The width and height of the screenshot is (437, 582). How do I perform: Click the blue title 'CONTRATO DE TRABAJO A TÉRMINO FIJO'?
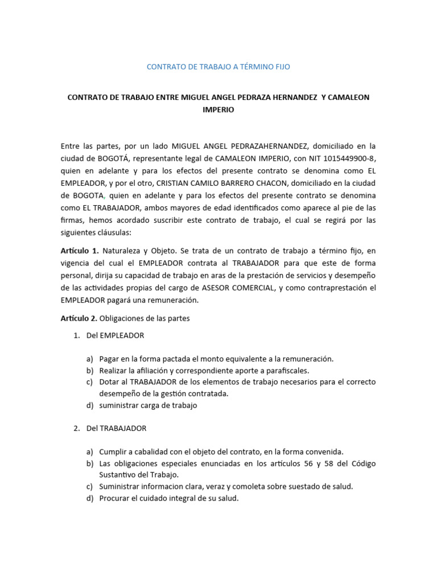tap(218, 66)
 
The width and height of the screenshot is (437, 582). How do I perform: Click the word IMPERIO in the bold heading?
tap(218, 110)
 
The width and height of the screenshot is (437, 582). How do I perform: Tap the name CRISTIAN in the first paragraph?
tap(174, 182)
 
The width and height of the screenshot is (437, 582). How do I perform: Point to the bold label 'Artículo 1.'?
tap(80, 251)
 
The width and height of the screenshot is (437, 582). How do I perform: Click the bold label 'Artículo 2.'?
tap(80, 318)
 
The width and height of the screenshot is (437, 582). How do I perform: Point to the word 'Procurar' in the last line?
tap(114, 498)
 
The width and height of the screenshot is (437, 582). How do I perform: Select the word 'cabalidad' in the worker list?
tap(150, 452)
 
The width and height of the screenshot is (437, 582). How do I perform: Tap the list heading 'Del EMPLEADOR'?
tap(115, 335)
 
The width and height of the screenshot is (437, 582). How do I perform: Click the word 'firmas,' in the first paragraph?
tap(73, 219)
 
